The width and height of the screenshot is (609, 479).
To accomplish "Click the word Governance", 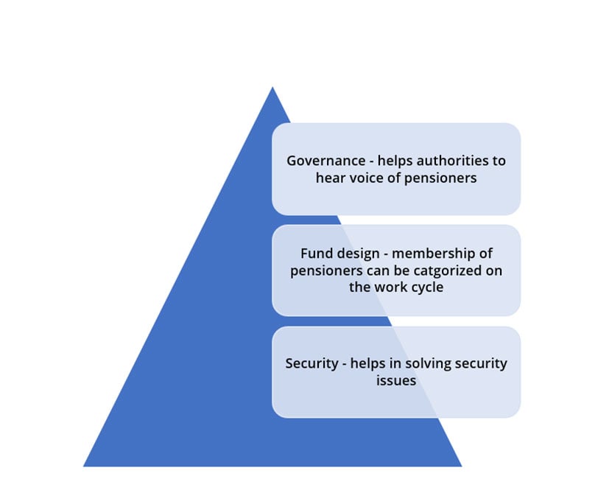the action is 326,161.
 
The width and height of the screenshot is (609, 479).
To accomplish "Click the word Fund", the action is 316,254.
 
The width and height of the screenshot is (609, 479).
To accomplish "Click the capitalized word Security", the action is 312,364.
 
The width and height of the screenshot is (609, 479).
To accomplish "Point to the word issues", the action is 396,380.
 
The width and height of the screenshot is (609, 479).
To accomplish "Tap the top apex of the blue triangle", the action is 272,87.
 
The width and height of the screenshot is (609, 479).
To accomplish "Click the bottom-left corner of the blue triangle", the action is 83,466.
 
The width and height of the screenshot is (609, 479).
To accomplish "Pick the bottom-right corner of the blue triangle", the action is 462,466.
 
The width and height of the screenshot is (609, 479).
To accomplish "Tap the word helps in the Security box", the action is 368,364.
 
